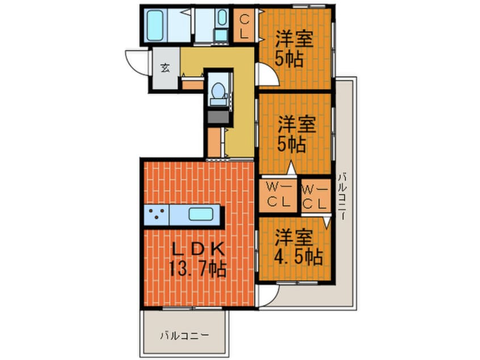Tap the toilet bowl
(x=217, y=91)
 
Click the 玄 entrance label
(x=165, y=68)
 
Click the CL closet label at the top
(x=245, y=26)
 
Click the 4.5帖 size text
(x=300, y=257)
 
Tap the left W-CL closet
(x=279, y=194)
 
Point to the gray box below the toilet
(x=218, y=117)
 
